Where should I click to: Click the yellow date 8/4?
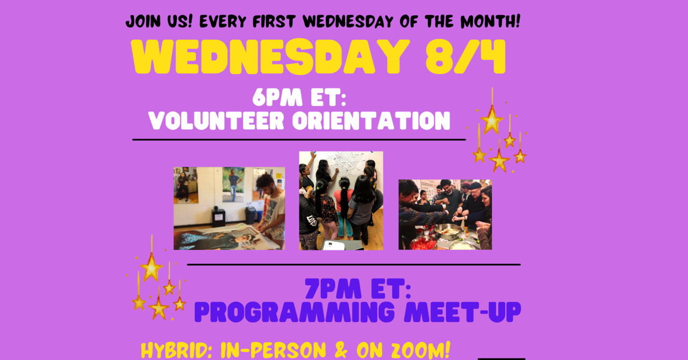465,57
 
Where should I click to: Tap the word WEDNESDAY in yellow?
269,57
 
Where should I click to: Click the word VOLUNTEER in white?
216,121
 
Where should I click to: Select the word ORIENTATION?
371,121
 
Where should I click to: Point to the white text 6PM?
277,98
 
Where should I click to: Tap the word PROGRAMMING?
294,312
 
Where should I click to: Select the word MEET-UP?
462,312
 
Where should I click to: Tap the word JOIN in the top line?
143,21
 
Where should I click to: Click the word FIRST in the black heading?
274,21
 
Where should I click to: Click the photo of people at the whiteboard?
341,200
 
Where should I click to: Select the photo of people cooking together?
445,214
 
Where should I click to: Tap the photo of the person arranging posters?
229,208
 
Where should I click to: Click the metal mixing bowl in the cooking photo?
448,231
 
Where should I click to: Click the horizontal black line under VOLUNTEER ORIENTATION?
299,140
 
